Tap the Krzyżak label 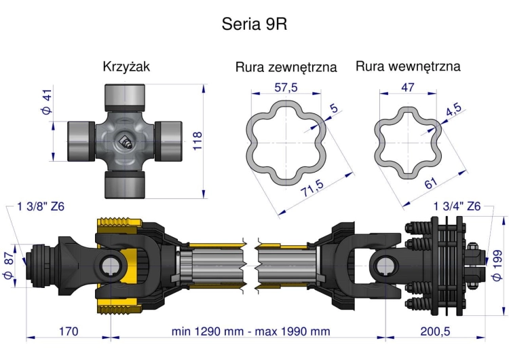pos(126,67)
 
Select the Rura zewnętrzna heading pos(286,67)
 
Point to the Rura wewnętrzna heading pos(408,67)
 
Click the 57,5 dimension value pos(286,87)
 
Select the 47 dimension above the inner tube pos(408,87)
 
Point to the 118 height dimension pos(198,141)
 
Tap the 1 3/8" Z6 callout pos(41,206)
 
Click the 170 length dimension pos(68,331)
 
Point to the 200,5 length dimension pos(434,331)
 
